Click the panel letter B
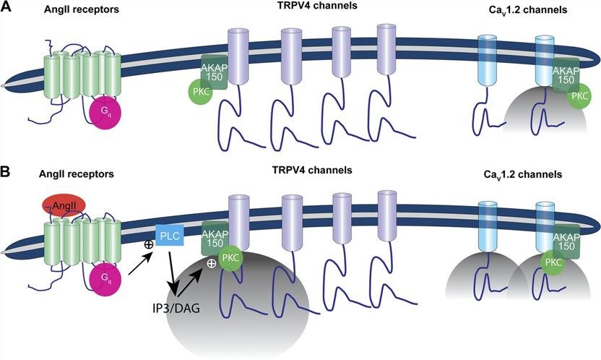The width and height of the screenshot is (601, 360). coord(8,173)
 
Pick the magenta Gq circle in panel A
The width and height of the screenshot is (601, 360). coord(105,114)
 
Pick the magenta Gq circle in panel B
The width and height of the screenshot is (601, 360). coord(105,280)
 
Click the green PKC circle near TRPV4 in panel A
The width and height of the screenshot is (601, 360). coord(200,92)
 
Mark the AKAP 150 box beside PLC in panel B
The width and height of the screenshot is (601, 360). coord(214,236)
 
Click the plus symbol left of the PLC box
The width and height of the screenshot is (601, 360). coord(150,245)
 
